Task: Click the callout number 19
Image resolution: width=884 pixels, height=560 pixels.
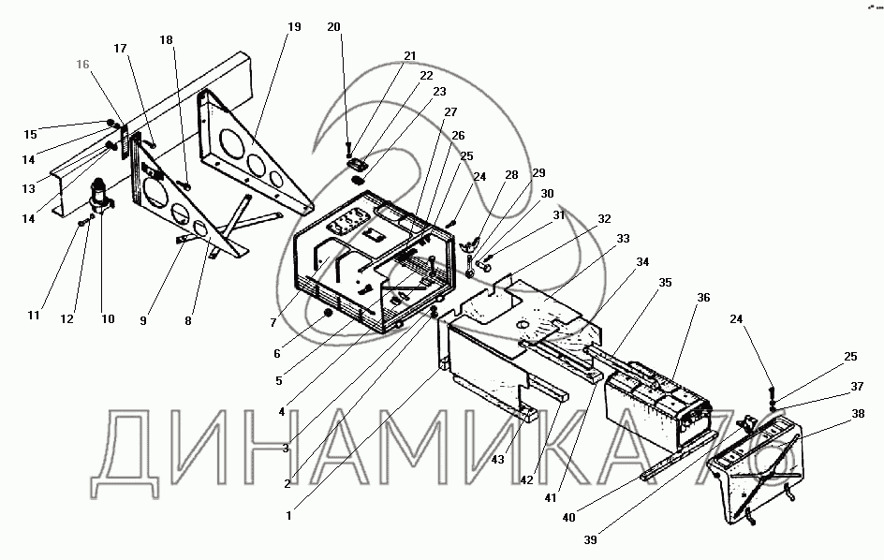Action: point(294,27)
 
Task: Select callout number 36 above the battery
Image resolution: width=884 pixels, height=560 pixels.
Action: point(703,298)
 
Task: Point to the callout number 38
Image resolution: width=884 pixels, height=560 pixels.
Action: point(858,413)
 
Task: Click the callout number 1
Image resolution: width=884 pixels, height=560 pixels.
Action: point(289,514)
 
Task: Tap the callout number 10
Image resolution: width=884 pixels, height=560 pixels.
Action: point(108,319)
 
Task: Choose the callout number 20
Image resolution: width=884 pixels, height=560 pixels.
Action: point(334,27)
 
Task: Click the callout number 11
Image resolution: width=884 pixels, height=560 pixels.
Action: point(34,317)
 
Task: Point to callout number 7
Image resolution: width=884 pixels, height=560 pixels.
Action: point(272,323)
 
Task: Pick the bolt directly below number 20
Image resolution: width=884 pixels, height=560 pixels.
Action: point(348,147)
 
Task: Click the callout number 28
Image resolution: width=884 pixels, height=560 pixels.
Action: point(511,175)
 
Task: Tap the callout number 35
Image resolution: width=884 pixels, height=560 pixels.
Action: point(666,282)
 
